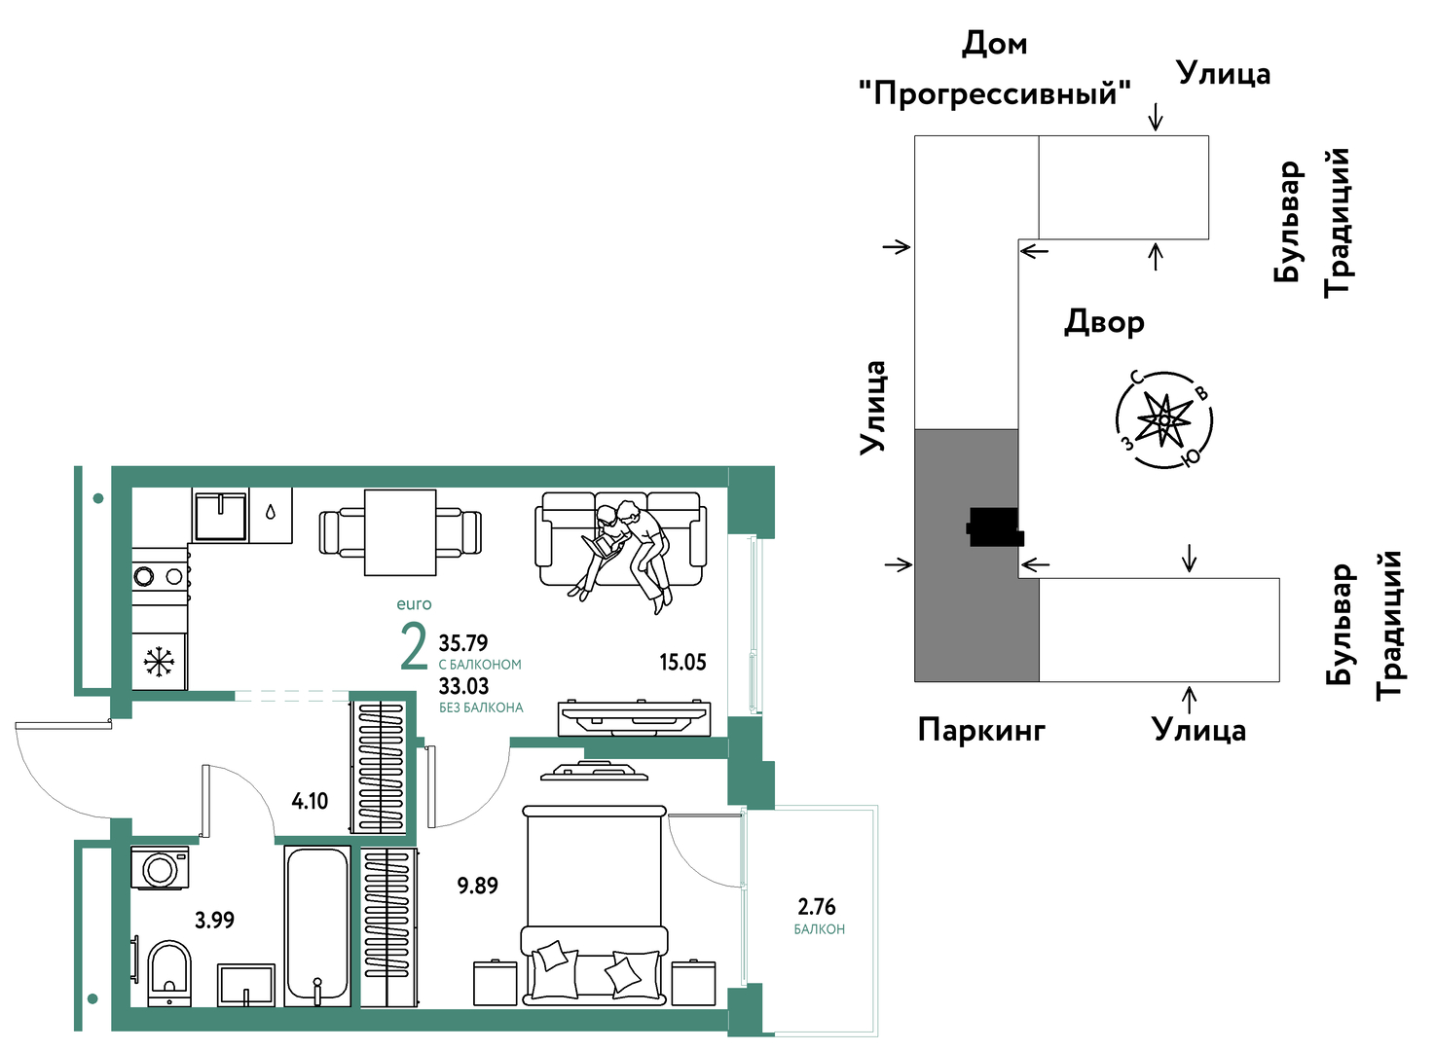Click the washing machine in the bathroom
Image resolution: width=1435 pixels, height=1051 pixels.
161,868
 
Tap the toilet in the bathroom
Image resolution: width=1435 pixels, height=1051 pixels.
169,973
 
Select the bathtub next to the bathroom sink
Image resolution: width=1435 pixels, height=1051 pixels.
317,926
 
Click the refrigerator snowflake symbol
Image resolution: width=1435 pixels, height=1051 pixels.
159,663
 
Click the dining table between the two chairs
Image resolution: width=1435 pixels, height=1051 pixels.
400,533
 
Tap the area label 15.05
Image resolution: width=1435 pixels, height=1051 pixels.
682,663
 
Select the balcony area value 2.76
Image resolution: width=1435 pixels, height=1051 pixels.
817,907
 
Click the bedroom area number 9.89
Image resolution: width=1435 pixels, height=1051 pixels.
477,886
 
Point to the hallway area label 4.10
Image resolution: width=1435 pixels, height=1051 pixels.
310,801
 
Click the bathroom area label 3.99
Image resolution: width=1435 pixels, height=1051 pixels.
214,921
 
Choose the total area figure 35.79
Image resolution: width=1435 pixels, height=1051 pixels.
463,642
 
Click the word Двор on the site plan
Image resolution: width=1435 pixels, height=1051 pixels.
1104,322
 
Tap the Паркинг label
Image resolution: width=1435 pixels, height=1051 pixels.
981,730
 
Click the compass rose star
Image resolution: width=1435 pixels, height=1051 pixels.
1164,420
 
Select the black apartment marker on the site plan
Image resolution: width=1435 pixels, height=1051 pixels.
994,527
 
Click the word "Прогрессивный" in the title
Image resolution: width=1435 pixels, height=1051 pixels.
995,93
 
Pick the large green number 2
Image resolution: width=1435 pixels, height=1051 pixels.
414,647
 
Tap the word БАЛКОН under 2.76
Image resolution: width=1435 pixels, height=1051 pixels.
820,929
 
